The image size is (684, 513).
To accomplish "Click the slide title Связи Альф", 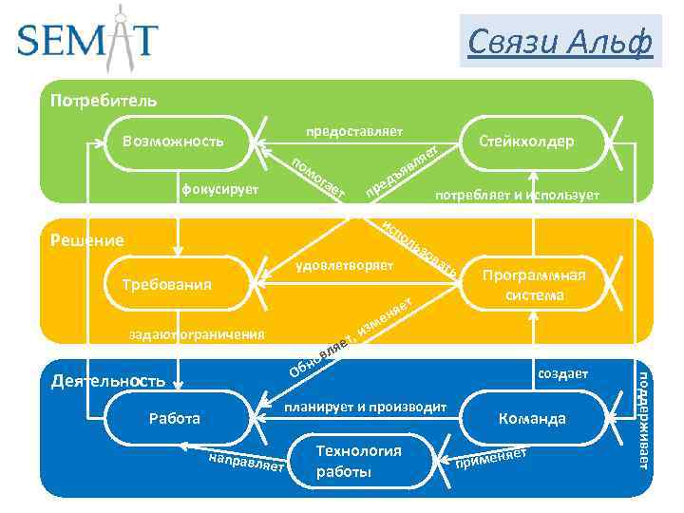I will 560,41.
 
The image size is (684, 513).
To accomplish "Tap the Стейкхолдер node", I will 526,142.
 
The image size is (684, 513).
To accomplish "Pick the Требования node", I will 167,284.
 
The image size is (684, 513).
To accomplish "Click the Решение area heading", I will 86,240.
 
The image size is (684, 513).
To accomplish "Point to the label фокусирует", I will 219,190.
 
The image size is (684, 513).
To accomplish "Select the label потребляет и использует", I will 517,195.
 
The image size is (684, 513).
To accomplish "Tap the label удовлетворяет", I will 344,264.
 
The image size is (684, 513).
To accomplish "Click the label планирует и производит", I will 365,407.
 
